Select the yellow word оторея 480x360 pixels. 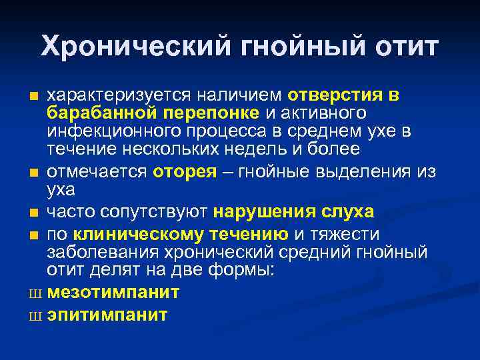click(x=185, y=171)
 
